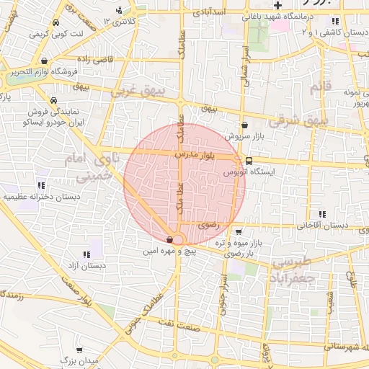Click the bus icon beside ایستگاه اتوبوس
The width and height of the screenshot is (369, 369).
249,160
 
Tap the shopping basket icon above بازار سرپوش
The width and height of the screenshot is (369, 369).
244,124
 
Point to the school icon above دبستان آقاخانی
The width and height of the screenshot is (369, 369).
321,213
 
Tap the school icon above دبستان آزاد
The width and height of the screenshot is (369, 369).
86,254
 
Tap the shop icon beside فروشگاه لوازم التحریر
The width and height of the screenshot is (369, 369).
47,61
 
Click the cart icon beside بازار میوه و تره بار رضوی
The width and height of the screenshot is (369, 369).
238,232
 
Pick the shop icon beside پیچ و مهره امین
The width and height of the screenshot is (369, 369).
169,240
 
